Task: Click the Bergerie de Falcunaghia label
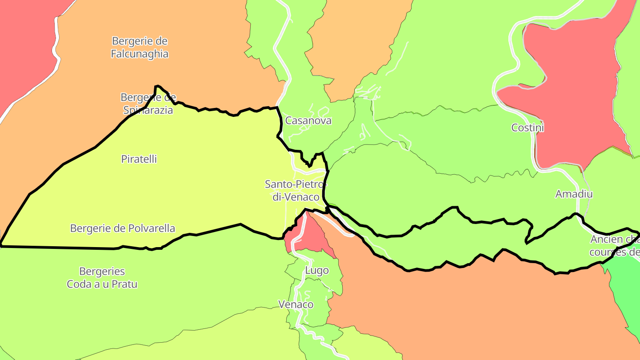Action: [140, 48]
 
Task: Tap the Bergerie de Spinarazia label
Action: [148, 104]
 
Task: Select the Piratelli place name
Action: [139, 159]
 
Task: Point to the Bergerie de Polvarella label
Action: [123, 228]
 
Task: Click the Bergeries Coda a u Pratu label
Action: [102, 277]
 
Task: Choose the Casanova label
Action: [308, 120]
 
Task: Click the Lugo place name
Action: [317, 270]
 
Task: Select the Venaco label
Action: [296, 304]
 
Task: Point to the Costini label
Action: [528, 128]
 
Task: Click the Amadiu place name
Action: [574, 194]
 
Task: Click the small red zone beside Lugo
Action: [312, 233]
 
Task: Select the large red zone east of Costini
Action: [578, 89]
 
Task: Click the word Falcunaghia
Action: [140, 54]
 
